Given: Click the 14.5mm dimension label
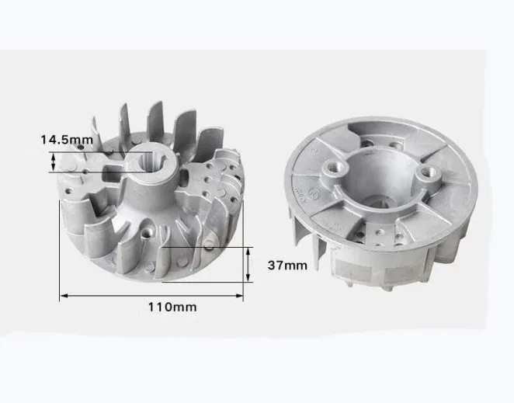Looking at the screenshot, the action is click(x=67, y=140).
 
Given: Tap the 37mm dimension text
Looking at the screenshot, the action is click(x=287, y=266).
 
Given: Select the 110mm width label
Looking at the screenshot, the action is click(x=172, y=307).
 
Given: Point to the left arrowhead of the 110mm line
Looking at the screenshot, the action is click(x=64, y=296).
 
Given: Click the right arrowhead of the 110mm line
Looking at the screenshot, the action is click(x=239, y=296).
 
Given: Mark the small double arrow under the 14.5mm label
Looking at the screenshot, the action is click(x=54, y=162).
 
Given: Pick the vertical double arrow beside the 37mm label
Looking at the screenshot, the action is click(x=248, y=264).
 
